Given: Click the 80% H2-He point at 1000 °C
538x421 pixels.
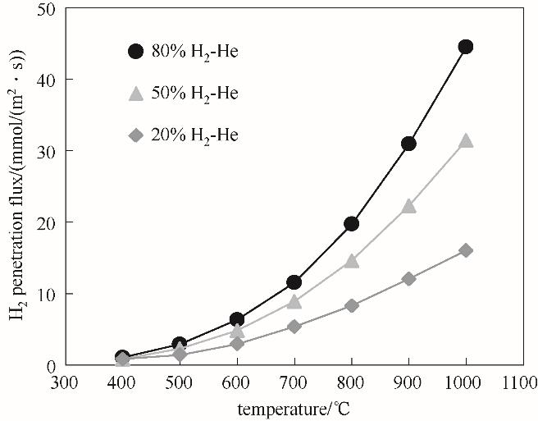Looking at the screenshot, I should pos(465,47).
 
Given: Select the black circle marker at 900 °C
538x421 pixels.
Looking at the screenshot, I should pos(408,144).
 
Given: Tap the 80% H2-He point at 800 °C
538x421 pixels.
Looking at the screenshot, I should pos(351,223).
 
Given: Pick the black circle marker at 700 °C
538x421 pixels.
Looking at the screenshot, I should pos(294,282).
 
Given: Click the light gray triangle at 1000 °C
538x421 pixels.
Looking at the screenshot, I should pos(466,140).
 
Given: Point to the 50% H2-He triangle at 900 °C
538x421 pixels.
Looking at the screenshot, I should pos(408,206).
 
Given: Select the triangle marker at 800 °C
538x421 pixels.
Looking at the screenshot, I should pos(351,261).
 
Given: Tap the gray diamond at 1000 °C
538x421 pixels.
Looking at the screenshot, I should pos(465,250).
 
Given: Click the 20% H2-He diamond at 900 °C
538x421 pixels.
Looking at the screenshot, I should pos(408,279).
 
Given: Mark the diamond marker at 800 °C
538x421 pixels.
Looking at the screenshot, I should pos(351,305).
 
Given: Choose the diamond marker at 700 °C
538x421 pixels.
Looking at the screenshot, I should pos(294,326).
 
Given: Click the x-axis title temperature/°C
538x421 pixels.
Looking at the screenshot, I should pos(294,407).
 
